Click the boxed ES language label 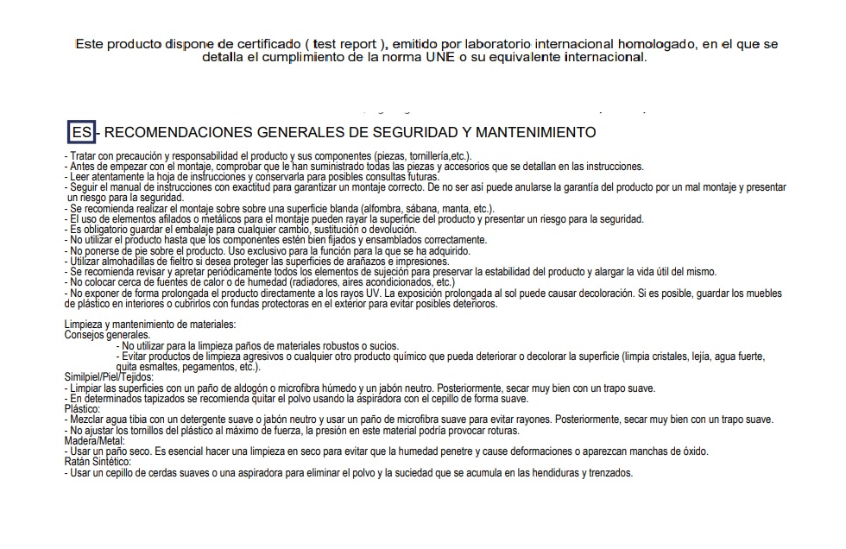(80, 132)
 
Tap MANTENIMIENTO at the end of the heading (543, 132)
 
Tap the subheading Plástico (82, 409)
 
